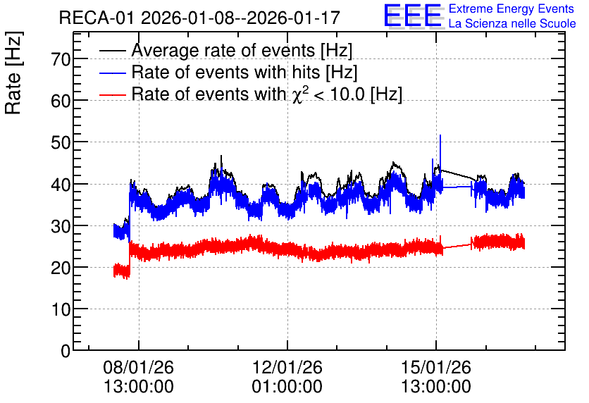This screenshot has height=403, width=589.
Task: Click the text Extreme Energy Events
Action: coord(512,8)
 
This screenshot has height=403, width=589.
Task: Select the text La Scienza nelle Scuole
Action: coord(512,24)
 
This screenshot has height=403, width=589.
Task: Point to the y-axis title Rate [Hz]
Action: coord(13,73)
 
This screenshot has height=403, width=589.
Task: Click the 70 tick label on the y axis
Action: coord(61,59)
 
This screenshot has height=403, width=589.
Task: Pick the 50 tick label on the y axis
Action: coord(61,142)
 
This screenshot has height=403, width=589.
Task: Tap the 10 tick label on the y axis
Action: coord(61,309)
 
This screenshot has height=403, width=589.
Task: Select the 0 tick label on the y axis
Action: coord(66,351)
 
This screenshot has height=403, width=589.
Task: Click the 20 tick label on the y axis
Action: coord(61,268)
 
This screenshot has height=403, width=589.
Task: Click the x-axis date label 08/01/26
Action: coord(139,367)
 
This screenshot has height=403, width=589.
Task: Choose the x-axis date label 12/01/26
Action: coord(287,367)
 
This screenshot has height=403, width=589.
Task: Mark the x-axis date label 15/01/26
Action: coord(436,367)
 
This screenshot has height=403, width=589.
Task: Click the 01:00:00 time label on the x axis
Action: coord(287,387)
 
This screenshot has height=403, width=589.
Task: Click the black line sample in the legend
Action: coord(113,51)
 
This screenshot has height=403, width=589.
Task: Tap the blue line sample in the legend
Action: coord(113,73)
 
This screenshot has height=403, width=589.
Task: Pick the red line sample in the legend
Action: coord(113,94)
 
